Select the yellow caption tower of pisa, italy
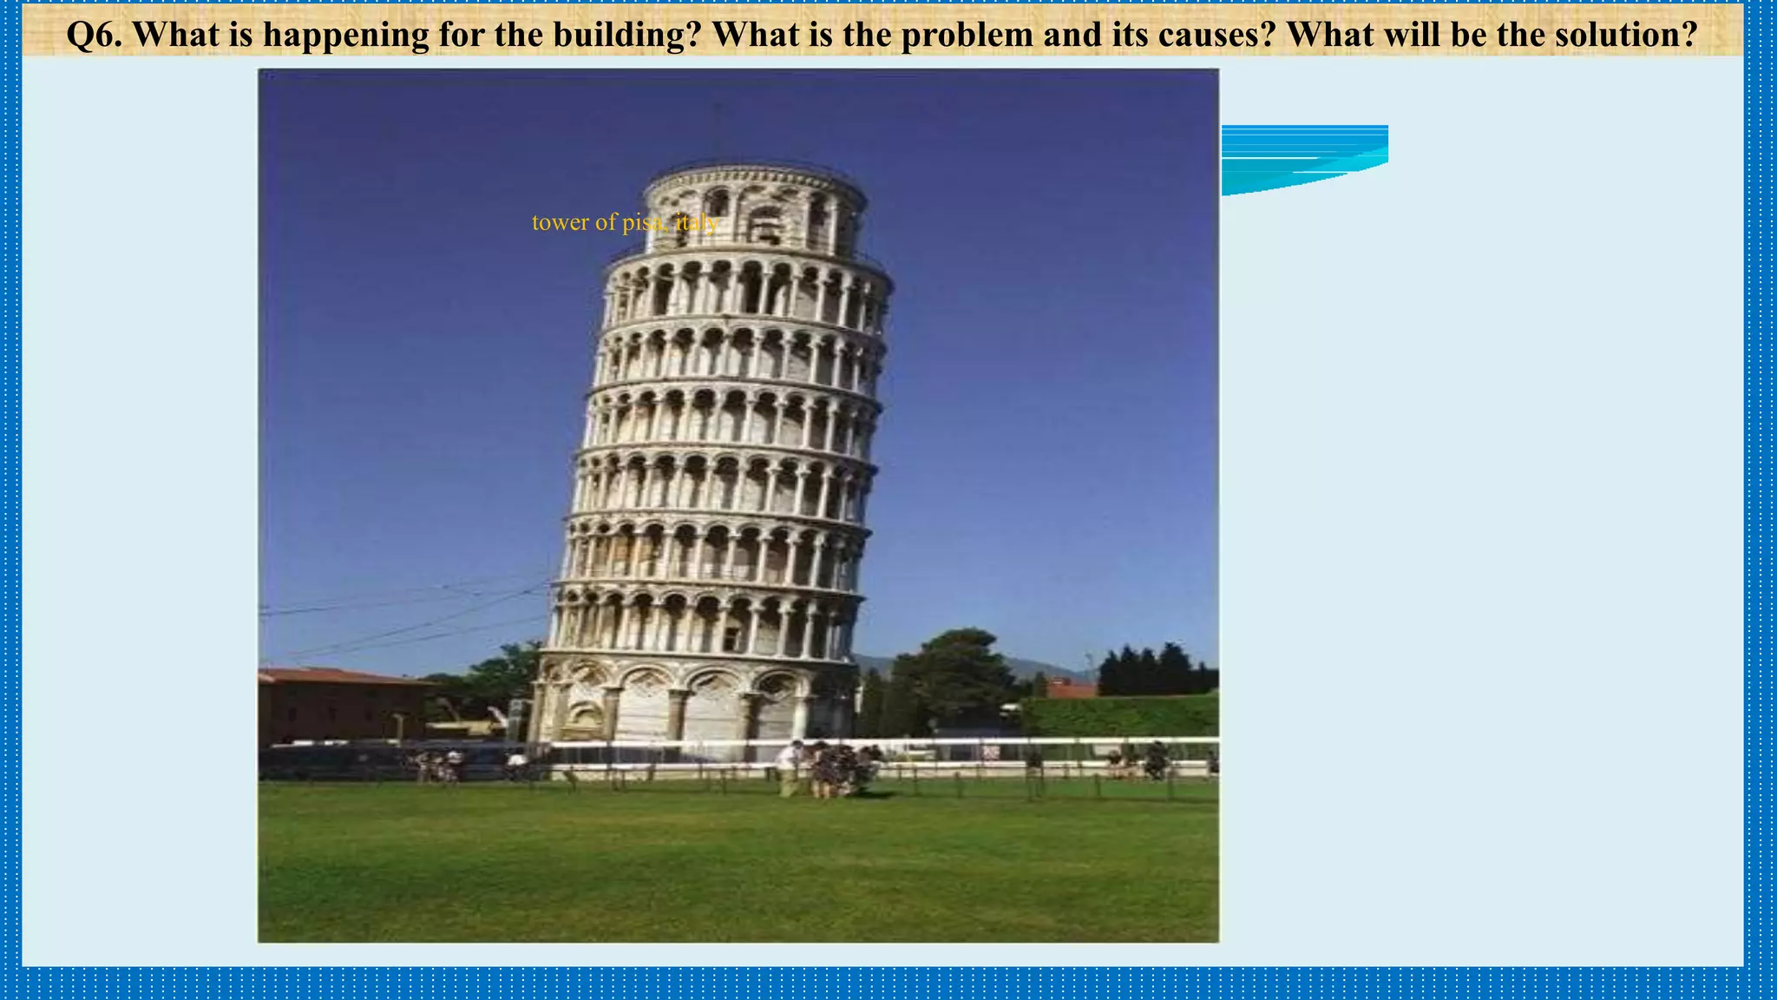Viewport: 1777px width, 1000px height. point(625,223)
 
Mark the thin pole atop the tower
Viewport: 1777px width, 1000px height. point(715,130)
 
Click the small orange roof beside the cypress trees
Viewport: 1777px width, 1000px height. point(1070,689)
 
